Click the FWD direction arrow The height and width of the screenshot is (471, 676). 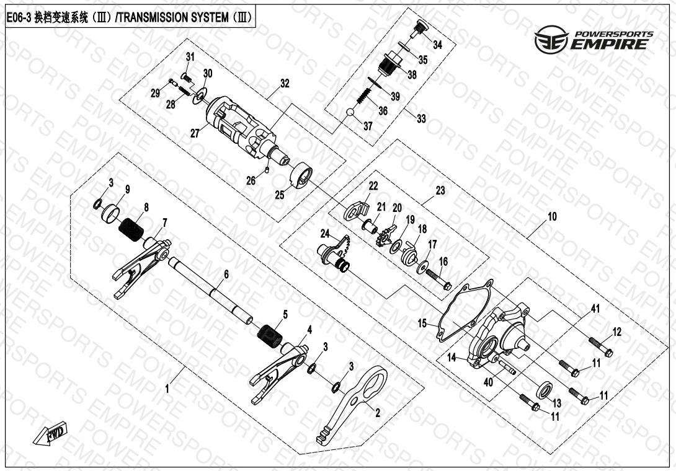[51, 432]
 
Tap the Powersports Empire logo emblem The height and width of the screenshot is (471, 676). [551, 39]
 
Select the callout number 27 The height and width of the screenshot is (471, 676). [195, 133]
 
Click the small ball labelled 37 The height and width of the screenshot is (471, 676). [350, 112]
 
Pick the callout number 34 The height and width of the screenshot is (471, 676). [437, 45]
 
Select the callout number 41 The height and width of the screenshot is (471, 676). [595, 309]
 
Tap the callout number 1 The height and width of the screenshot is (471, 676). [167, 389]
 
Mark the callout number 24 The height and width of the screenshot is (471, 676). [325, 234]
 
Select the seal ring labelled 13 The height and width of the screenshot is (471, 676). [545, 390]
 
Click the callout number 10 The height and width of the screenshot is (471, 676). [552, 216]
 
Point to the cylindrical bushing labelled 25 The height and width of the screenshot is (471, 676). [300, 175]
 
